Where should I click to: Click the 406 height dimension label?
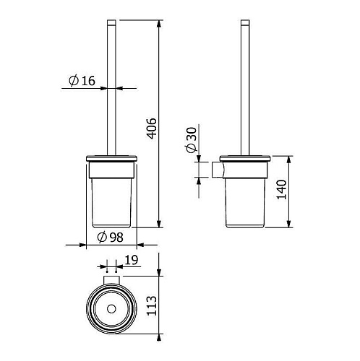click(153, 129)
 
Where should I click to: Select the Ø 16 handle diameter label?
click(82, 81)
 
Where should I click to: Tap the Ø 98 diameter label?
click(110, 238)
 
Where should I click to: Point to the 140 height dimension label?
click(282, 189)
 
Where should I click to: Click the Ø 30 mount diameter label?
click(192, 140)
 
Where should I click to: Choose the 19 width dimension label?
click(132, 260)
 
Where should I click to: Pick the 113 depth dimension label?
click(152, 305)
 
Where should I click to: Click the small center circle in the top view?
click(111, 309)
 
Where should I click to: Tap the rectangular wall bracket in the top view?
click(111, 280)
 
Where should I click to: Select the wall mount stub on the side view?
click(218, 170)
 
